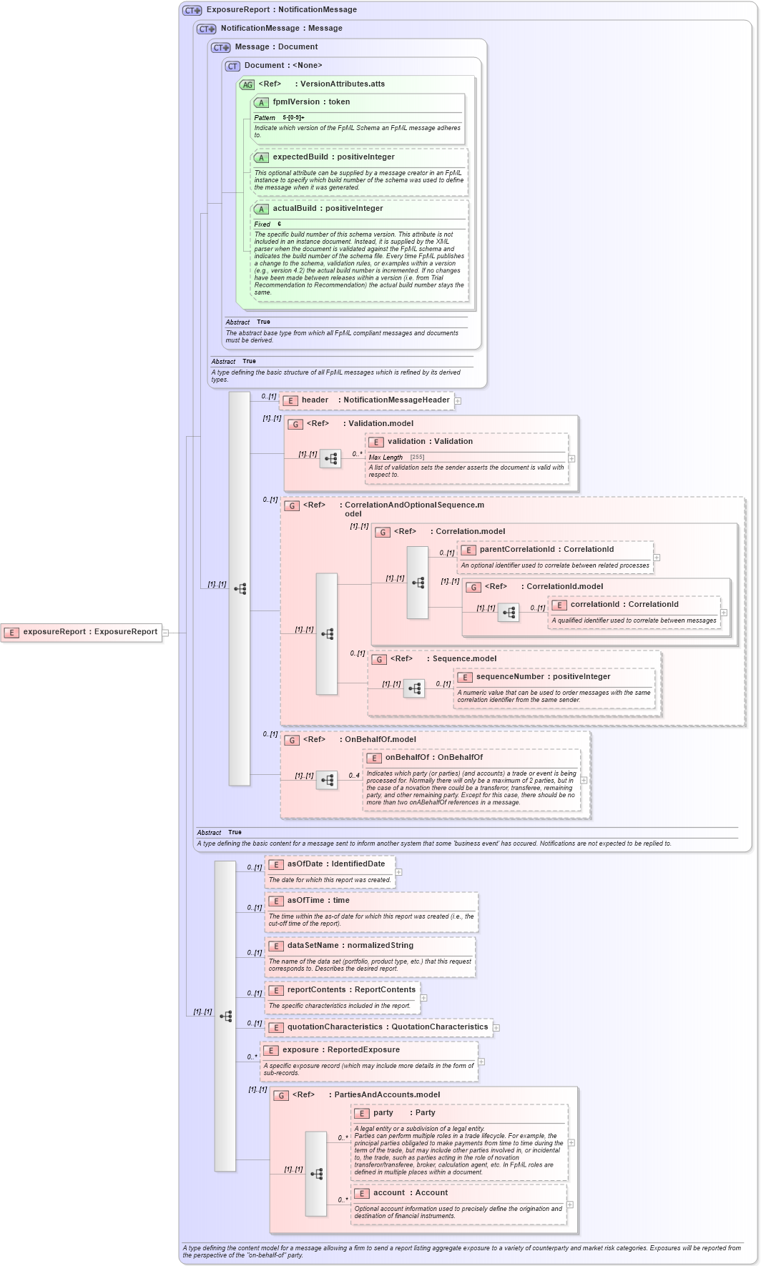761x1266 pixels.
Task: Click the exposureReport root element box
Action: [82, 632]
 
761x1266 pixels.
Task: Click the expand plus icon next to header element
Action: [458, 401]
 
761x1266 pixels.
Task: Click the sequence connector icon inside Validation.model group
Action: [330, 459]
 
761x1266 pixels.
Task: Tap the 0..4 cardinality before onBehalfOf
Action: [354, 776]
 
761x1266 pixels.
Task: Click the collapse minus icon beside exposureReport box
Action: [165, 633]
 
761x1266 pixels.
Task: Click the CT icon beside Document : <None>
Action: [232, 66]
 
